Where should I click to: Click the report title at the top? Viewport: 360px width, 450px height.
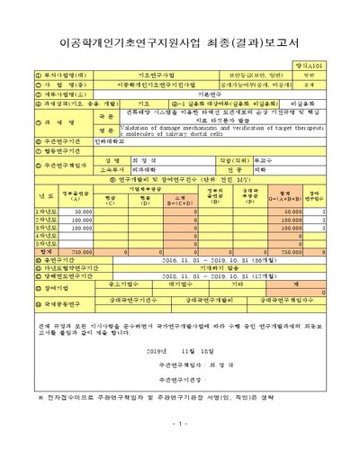pyautogui.click(x=181, y=42)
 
